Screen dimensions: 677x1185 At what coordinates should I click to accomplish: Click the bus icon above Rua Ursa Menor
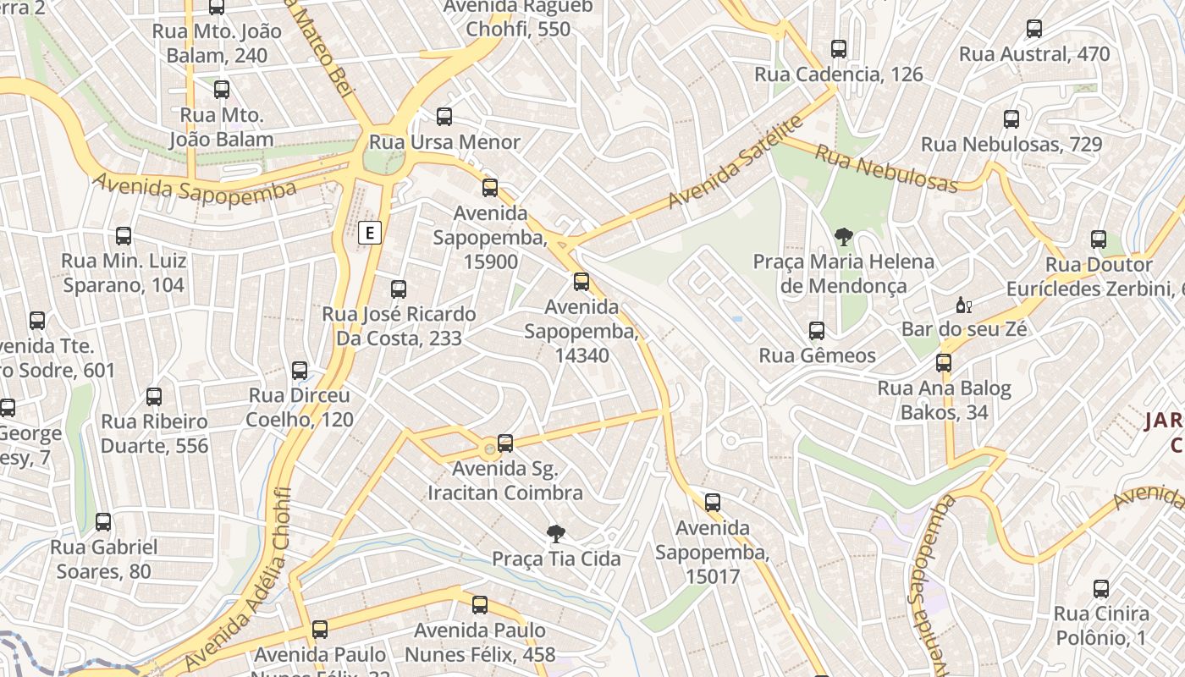(444, 117)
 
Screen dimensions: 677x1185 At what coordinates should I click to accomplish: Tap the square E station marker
(370, 233)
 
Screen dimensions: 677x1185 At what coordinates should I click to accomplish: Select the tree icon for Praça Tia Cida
(555, 534)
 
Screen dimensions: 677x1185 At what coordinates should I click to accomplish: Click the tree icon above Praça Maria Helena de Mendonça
(843, 237)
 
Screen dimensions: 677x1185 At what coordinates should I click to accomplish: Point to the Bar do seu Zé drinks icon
(963, 305)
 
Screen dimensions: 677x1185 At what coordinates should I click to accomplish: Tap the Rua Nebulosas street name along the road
(886, 168)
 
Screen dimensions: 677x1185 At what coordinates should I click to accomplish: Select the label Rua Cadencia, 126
(838, 74)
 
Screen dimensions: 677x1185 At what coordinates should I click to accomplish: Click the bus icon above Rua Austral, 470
(1033, 29)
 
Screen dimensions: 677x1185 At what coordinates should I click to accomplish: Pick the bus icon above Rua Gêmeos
(817, 331)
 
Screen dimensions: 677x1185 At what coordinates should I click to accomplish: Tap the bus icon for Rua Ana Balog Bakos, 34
(944, 364)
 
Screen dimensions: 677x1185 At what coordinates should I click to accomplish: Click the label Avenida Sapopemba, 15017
(712, 553)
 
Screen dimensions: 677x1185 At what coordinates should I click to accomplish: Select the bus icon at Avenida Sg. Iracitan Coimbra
(505, 443)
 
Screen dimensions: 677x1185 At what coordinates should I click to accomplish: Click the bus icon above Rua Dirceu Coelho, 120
(300, 371)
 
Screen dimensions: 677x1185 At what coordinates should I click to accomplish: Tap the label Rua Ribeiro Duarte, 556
(154, 433)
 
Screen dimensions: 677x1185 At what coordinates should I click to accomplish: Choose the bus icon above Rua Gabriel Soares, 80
(103, 522)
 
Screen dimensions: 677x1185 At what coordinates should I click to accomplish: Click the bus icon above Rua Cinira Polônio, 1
(1100, 589)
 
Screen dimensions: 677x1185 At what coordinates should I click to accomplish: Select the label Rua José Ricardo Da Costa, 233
(399, 326)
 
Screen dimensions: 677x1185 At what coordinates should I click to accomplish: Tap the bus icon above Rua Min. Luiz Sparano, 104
(124, 236)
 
